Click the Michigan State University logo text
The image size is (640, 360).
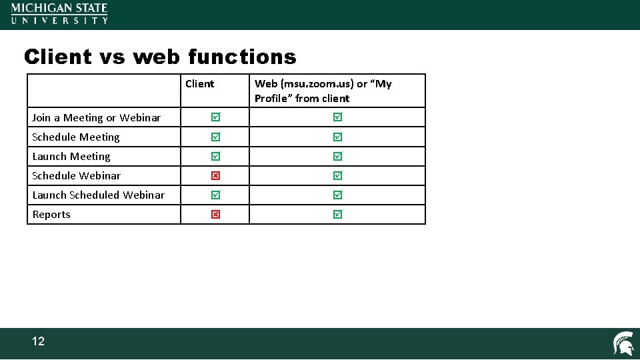(x=59, y=13)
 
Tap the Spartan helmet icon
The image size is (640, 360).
(x=623, y=343)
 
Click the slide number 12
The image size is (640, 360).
(x=39, y=341)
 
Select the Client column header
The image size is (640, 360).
(x=200, y=84)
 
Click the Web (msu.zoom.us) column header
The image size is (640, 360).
(x=323, y=91)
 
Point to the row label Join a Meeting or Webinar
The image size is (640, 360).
(x=97, y=118)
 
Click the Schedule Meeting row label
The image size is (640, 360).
(x=76, y=137)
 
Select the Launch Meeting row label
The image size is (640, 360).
(x=71, y=157)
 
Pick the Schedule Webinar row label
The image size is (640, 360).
(x=77, y=176)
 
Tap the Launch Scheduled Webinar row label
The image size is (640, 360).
(x=99, y=195)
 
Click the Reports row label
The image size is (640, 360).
(x=51, y=215)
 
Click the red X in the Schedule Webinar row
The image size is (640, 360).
(x=215, y=176)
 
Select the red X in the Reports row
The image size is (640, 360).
(x=215, y=215)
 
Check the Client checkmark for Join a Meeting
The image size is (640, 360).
(x=215, y=117)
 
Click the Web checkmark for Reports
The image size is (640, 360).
(x=337, y=215)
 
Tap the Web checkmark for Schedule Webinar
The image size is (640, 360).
(x=337, y=176)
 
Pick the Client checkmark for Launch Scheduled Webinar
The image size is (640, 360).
(x=215, y=195)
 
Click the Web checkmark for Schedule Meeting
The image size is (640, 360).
(x=337, y=137)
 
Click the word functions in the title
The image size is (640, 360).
(x=242, y=57)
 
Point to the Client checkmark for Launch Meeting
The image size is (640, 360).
(x=215, y=157)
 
